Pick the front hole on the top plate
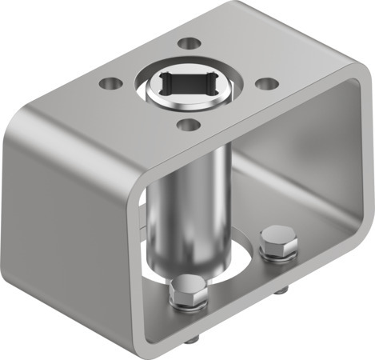pos(187,124)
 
